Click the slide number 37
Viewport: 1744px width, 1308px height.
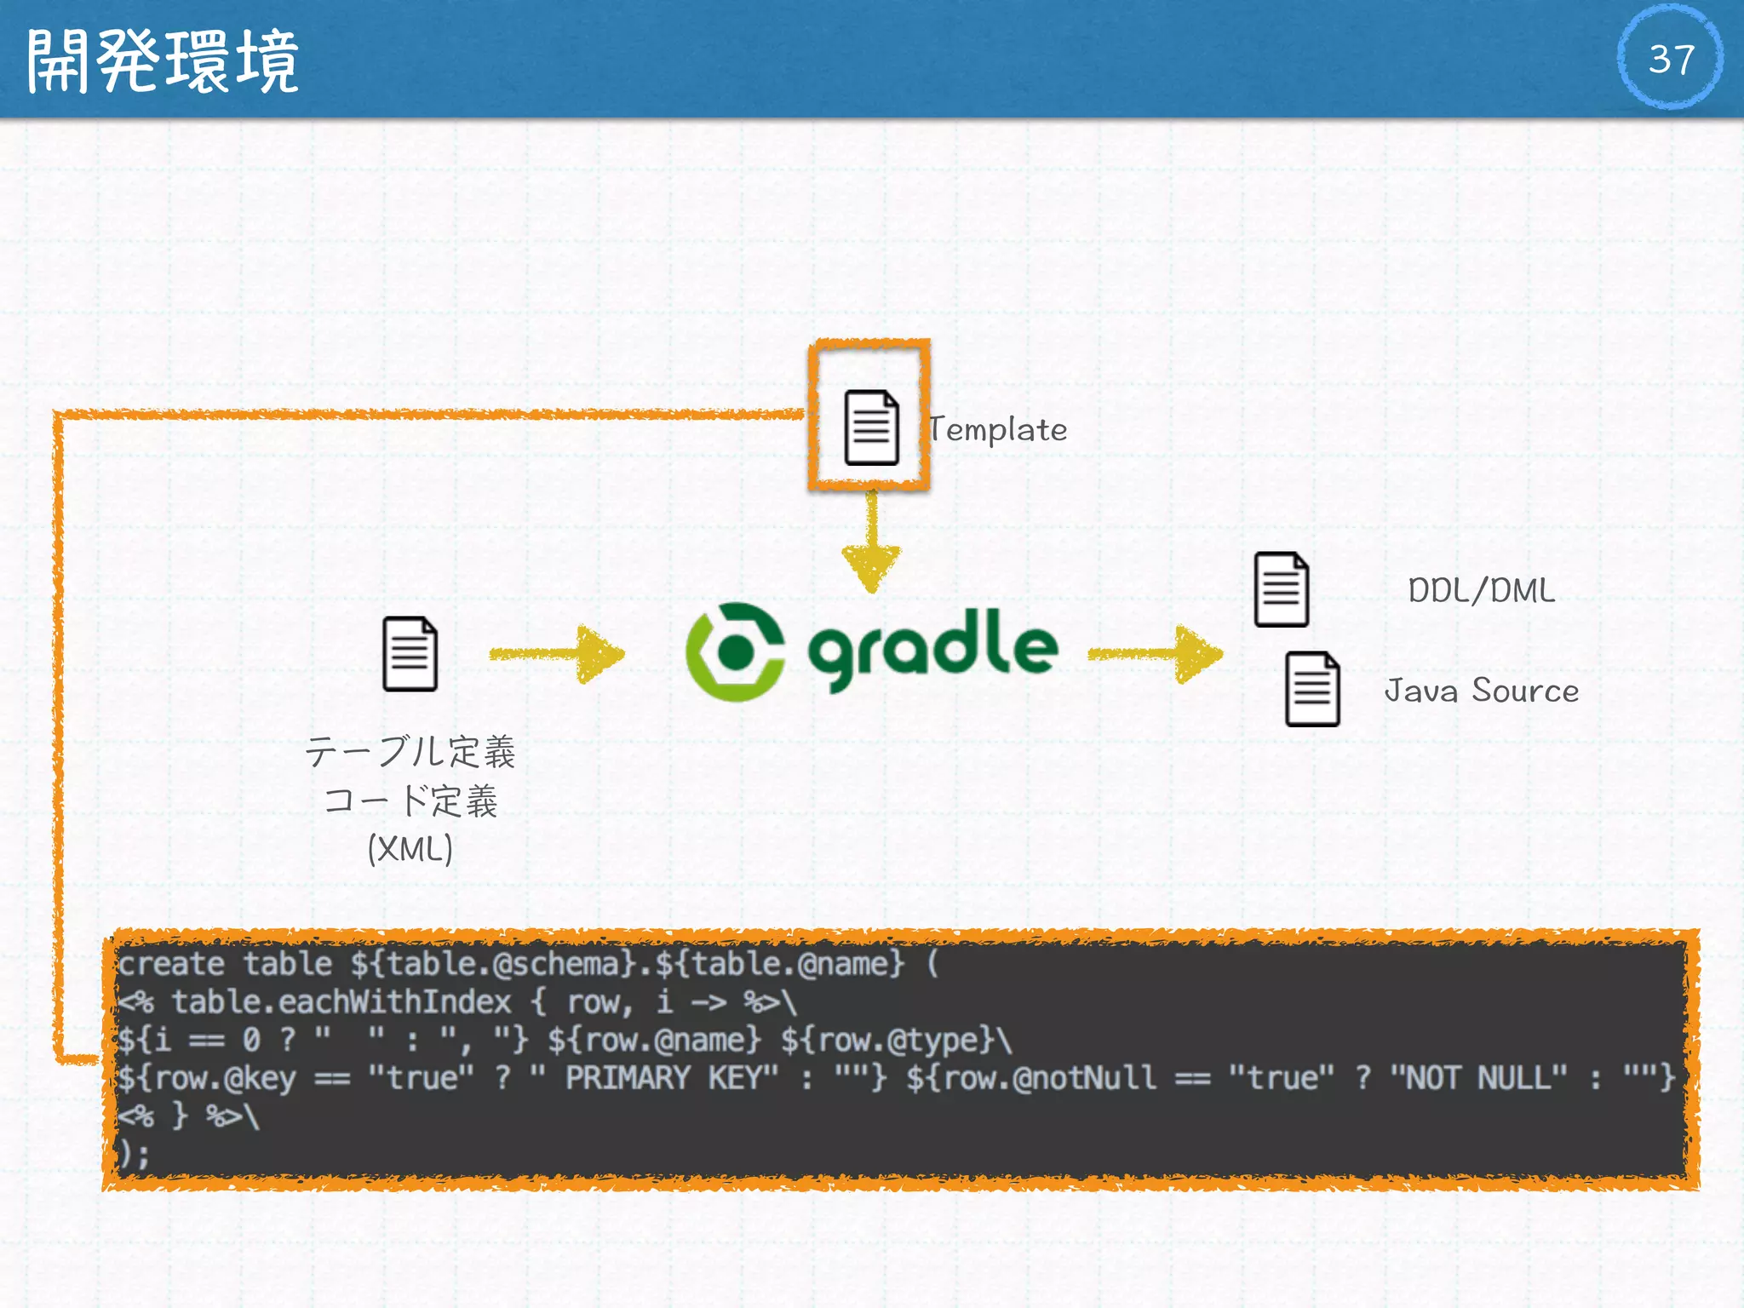(x=1670, y=59)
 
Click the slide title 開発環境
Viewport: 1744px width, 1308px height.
(x=162, y=60)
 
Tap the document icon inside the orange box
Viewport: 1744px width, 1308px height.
(x=871, y=427)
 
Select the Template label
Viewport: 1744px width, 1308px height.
(x=998, y=429)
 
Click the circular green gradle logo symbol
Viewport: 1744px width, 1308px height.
(x=735, y=651)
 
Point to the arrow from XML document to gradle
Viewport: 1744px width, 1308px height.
(x=558, y=654)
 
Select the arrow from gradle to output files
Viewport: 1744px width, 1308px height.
(x=1156, y=654)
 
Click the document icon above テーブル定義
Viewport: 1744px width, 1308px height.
(x=410, y=653)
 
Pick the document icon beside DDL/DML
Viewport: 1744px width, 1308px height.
(x=1281, y=589)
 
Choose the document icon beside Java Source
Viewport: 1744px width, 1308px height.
(x=1311, y=689)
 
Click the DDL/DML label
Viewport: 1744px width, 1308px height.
(x=1481, y=590)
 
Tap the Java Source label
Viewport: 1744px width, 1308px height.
(x=1481, y=691)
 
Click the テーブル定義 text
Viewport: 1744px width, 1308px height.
(x=410, y=752)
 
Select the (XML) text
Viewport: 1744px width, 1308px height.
(x=410, y=849)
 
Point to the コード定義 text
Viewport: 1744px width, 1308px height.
(x=410, y=801)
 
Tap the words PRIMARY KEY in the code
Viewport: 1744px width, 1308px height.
(x=671, y=1078)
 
